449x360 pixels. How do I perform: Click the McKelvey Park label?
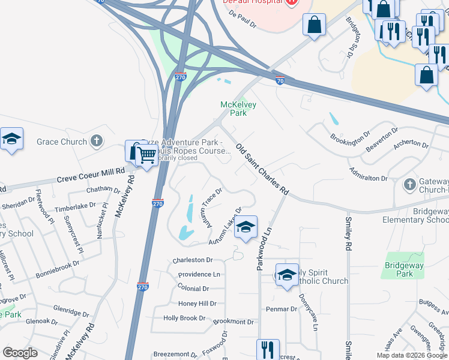(238, 109)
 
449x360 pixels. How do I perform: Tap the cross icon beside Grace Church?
(96, 142)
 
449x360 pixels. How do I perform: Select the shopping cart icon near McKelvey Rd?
(146, 156)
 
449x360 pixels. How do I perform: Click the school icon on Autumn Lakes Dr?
(246, 227)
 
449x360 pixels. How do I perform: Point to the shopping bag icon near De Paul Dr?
(314, 25)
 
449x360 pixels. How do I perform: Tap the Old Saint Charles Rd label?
(262, 170)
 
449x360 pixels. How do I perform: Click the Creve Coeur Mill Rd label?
(91, 176)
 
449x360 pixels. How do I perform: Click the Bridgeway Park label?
(405, 269)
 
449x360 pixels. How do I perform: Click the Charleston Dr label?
(193, 260)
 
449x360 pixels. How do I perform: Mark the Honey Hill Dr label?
(197, 304)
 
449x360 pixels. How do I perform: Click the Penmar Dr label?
(282, 309)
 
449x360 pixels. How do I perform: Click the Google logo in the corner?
(20, 353)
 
